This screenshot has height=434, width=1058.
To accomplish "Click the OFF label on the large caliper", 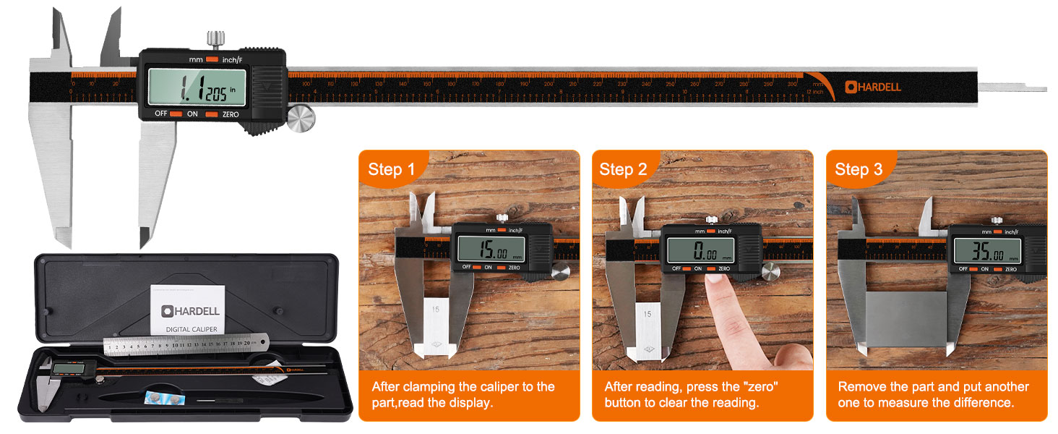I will coord(160,114).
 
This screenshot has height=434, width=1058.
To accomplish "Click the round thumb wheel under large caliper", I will coord(301,119).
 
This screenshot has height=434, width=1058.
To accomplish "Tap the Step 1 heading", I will coord(391,169).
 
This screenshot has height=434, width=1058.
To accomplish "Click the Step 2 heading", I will coord(622,169).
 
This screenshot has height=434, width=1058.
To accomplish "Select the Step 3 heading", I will coord(858,169).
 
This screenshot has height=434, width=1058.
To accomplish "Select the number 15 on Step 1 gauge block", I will coord(435,309).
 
